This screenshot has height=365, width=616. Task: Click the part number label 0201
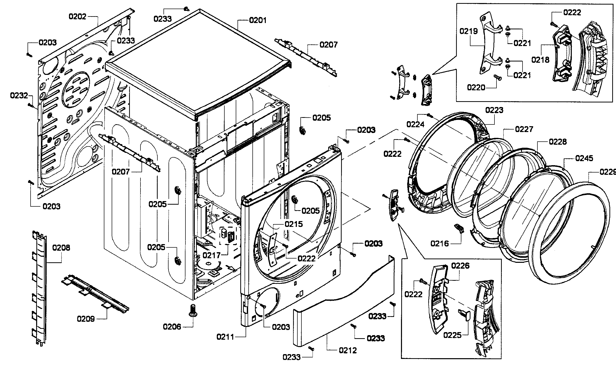[x=257, y=20]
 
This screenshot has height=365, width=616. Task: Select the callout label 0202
[x=77, y=17]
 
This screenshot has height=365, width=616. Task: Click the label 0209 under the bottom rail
[x=86, y=319]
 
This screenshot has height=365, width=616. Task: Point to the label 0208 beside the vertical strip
[x=61, y=248]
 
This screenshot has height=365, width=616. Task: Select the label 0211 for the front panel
[x=225, y=337]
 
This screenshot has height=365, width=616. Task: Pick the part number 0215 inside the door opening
[x=294, y=224]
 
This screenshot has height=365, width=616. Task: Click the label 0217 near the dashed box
[x=212, y=255]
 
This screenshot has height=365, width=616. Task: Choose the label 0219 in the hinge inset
[x=469, y=31]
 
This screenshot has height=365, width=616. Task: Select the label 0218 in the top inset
[x=540, y=60]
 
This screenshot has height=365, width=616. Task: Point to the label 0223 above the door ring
[x=494, y=110]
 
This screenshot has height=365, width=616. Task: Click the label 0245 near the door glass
[x=584, y=158]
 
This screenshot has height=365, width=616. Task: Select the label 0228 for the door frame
[x=558, y=142]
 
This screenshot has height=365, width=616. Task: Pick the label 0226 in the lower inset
[x=460, y=266]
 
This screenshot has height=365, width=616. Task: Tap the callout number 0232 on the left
[x=19, y=96]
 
